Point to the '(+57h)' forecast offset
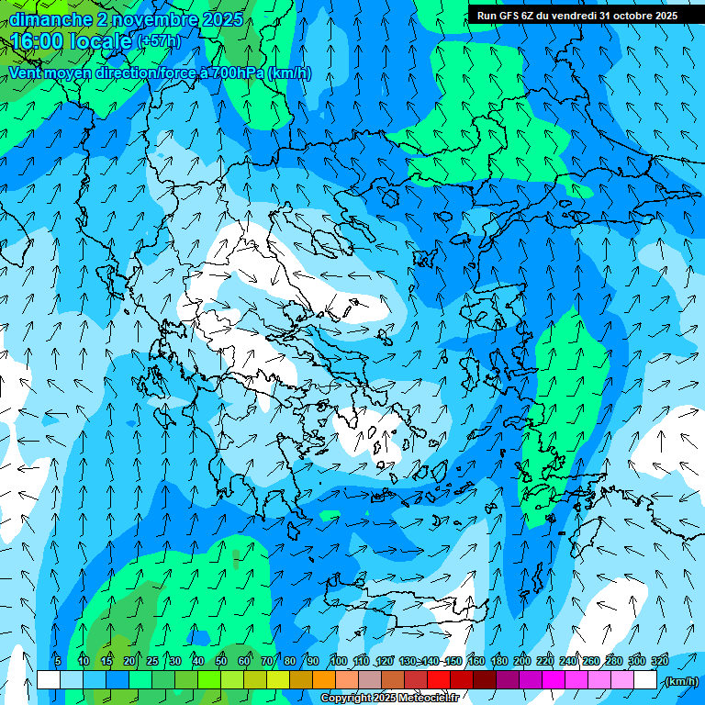158,41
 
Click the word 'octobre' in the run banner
632,15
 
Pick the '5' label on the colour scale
58,661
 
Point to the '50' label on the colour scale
221,661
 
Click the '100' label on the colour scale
339,661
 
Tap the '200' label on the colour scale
522,661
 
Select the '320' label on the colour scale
660,661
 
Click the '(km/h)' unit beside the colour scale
681,680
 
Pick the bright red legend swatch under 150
438,680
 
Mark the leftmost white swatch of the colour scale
48,680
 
